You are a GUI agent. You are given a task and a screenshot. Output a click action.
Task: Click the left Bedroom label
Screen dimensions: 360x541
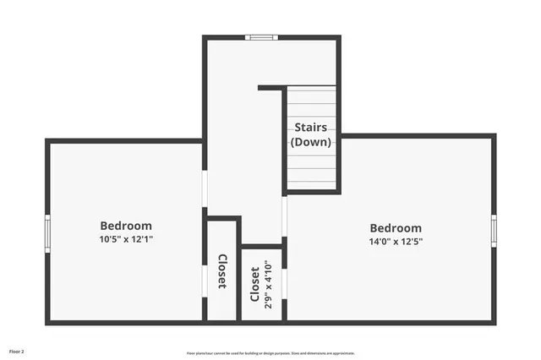(126, 226)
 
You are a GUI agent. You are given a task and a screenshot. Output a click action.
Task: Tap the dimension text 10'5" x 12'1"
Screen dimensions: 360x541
(126, 239)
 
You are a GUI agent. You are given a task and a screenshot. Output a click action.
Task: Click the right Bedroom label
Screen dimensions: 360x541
(396, 228)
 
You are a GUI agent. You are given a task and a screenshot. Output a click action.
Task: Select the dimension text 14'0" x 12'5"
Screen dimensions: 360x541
(396, 241)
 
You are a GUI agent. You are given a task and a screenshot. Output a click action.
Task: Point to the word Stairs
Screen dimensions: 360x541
(311, 128)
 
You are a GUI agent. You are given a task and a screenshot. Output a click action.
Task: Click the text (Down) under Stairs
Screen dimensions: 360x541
(311, 142)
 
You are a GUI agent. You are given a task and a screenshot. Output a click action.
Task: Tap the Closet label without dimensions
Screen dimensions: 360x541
(222, 271)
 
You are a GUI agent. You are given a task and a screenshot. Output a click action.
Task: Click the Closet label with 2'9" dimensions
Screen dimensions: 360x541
(254, 285)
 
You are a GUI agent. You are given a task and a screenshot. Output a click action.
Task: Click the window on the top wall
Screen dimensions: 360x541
(260, 37)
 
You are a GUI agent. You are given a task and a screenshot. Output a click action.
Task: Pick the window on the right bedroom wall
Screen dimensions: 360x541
(494, 231)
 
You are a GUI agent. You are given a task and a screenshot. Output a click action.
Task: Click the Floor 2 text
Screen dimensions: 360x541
(18, 351)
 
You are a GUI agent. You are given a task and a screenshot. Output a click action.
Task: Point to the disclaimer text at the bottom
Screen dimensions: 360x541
(270, 353)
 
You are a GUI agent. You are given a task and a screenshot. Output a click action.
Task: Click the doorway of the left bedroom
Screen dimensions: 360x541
(205, 188)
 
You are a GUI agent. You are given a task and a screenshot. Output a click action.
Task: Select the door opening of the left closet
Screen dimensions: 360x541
(205, 272)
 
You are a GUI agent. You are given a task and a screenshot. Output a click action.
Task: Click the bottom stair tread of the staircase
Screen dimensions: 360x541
(311, 183)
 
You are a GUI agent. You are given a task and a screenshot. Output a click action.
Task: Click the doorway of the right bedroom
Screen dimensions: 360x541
(285, 215)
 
